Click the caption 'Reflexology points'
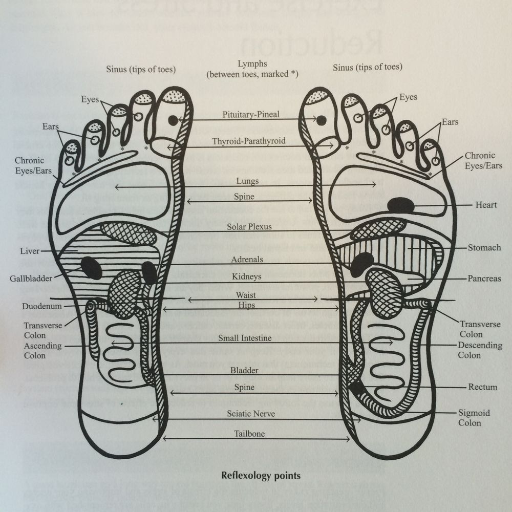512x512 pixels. (260, 475)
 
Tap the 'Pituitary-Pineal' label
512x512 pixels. (251, 115)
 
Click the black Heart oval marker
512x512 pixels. (400, 205)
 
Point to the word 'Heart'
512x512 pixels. (486, 205)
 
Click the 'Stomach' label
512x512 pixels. (484, 248)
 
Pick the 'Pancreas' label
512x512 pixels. (484, 279)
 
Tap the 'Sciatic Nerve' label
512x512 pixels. (251, 414)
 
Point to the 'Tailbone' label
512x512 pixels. (249, 434)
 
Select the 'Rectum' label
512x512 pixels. (482, 387)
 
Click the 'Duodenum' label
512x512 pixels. (42, 306)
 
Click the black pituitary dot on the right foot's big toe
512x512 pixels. (321, 120)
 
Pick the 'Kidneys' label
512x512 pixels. (247, 276)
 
